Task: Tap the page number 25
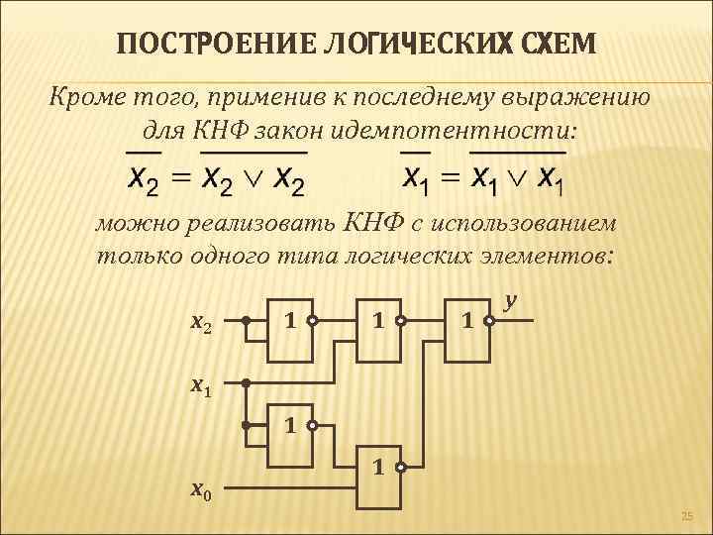[689, 514]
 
